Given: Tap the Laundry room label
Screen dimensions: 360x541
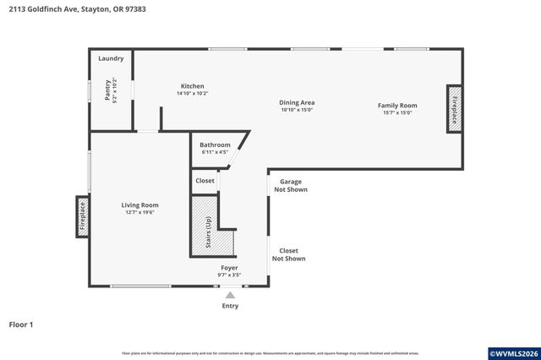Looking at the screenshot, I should (111, 58).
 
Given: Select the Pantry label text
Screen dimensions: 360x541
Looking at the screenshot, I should (108, 91).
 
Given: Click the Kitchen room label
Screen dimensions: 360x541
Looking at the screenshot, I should (192, 86).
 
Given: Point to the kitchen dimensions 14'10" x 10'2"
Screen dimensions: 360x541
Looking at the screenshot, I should (192, 94).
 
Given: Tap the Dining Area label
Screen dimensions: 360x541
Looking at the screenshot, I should (297, 102).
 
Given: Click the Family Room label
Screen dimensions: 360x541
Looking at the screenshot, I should (397, 106).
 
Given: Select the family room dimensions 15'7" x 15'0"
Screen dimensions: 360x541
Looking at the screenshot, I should (397, 112).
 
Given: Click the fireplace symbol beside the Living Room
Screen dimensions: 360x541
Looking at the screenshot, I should (83, 216).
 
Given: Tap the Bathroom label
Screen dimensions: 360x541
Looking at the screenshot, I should (215, 145).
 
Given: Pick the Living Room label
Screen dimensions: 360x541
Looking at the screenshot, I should (140, 205).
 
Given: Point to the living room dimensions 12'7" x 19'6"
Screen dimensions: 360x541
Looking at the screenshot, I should (140, 212).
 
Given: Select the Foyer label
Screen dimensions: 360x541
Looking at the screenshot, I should (230, 267).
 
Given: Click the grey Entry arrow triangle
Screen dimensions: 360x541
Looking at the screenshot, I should (230, 295).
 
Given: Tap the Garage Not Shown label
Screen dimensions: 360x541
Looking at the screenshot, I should (290, 185).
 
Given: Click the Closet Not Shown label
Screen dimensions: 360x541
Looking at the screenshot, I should (289, 254).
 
